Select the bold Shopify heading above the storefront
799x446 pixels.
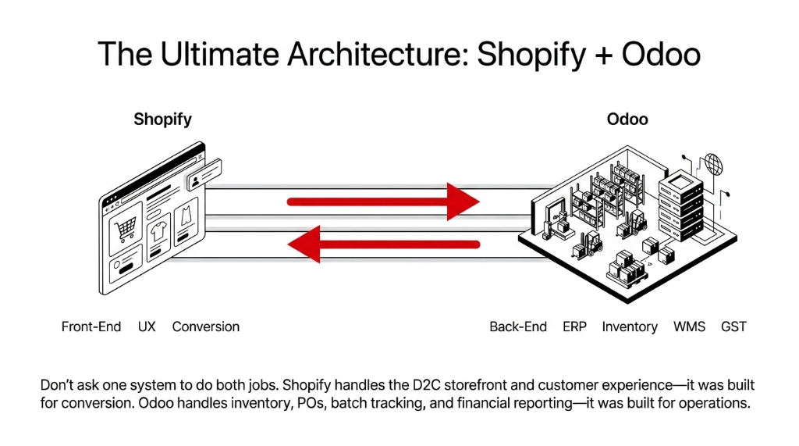pos(162,120)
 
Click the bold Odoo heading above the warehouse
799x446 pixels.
pos(627,120)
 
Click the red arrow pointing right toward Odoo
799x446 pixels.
pos(383,202)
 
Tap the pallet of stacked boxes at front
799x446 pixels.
pos(627,269)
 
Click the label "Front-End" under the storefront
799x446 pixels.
pos(91,326)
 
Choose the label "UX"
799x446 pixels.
pos(147,326)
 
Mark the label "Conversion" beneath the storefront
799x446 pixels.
pos(206,326)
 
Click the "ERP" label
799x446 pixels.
pos(574,326)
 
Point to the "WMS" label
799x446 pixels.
pos(689,326)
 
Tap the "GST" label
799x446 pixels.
pos(733,326)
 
